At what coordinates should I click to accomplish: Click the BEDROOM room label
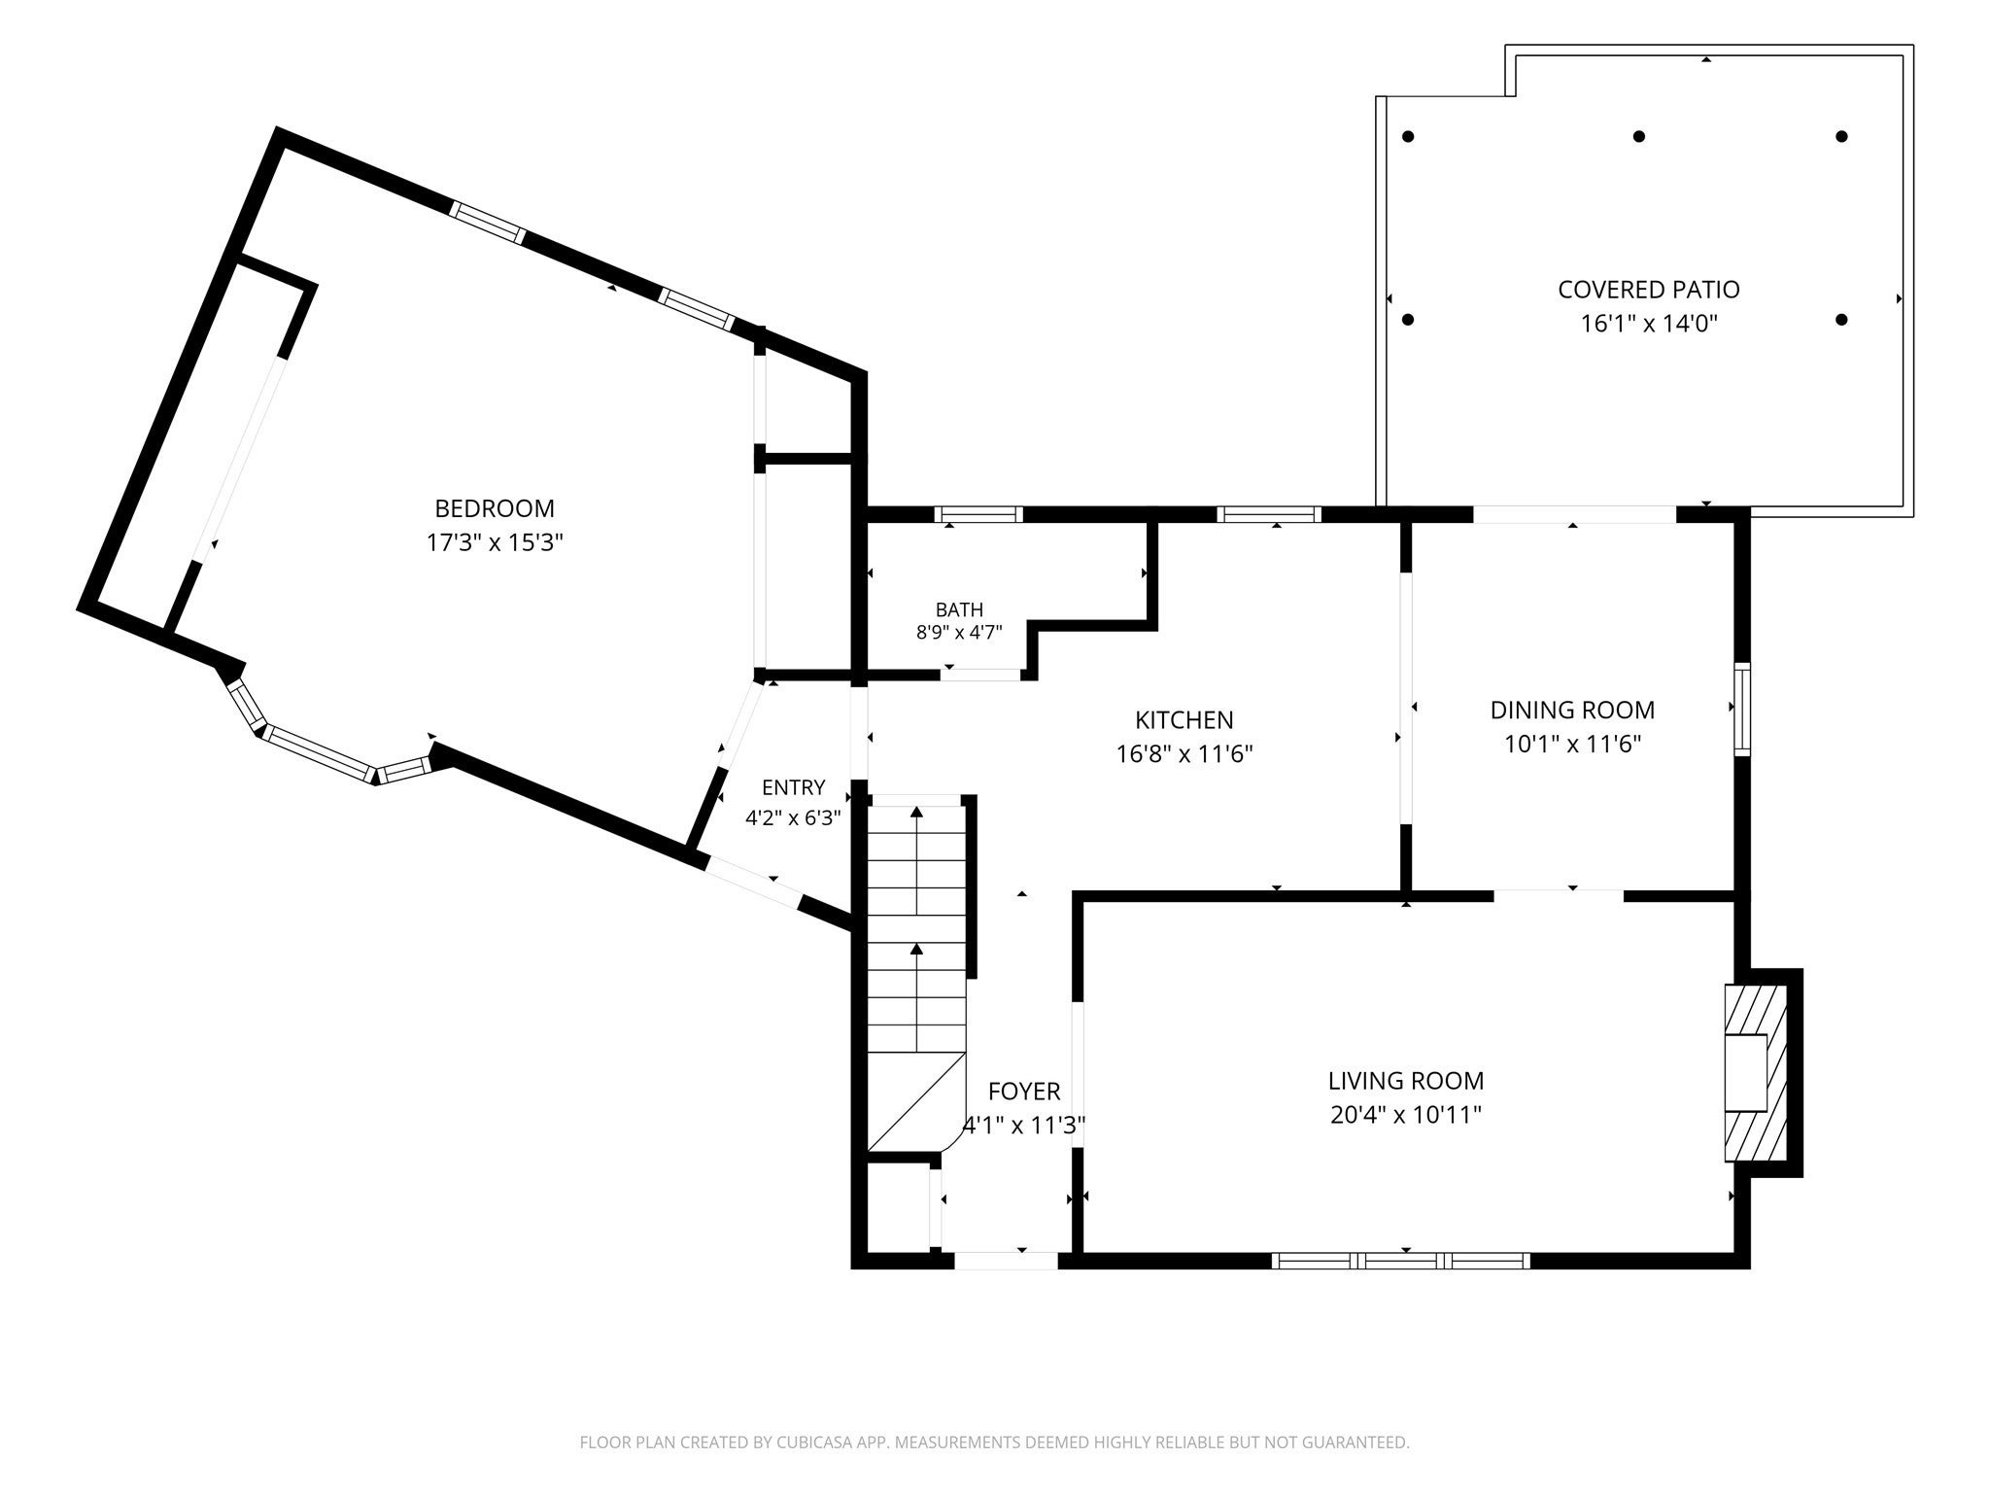click(x=495, y=508)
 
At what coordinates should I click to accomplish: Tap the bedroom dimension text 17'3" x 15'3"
click(x=495, y=542)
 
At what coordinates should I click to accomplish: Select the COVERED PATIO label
click(x=1649, y=290)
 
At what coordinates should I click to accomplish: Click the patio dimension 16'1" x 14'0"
click(x=1649, y=324)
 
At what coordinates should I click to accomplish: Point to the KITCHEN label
click(x=1184, y=720)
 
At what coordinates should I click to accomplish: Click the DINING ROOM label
click(x=1572, y=711)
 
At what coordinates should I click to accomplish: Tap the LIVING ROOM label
click(x=1406, y=1081)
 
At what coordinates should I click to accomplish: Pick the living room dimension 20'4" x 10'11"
click(x=1406, y=1115)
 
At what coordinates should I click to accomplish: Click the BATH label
click(x=959, y=610)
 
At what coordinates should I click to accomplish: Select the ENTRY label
click(x=793, y=788)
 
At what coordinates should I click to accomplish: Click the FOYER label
click(x=1024, y=1092)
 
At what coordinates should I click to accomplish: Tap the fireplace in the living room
click(x=1755, y=1073)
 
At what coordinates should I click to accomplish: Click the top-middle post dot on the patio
click(x=1639, y=137)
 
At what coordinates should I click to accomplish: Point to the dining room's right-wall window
click(x=1742, y=710)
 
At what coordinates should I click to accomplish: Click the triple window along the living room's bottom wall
click(x=1401, y=1261)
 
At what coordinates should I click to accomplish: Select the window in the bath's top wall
click(x=978, y=515)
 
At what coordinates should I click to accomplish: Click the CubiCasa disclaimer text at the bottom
click(x=994, y=1442)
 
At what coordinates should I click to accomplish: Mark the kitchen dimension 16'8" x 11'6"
click(x=1184, y=754)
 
